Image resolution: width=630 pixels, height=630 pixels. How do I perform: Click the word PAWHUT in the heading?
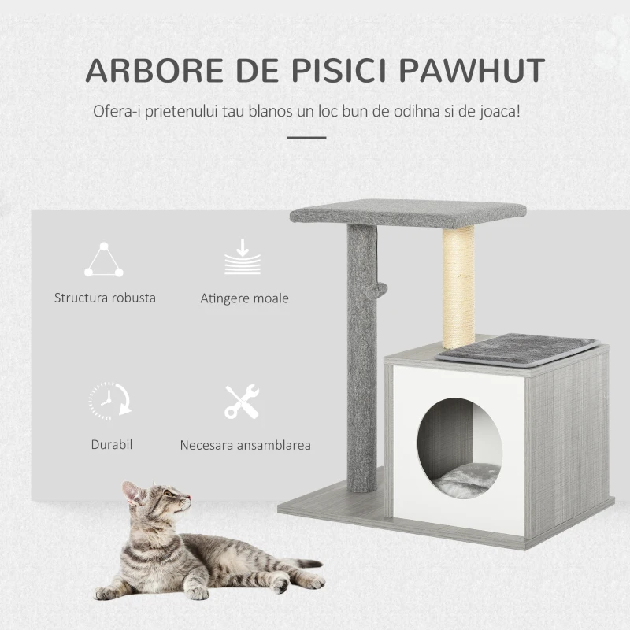pos(472,70)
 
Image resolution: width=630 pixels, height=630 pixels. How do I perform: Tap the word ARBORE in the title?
pos(154,70)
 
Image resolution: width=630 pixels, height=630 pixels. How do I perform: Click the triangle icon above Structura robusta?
pos(104,260)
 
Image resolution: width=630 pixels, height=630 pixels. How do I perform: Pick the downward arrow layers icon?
pos(243,257)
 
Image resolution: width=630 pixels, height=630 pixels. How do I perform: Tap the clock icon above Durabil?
pos(110,401)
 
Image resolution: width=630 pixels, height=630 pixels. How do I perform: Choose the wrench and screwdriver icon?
pos(242,402)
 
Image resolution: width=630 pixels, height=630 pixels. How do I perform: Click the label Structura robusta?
pos(105,298)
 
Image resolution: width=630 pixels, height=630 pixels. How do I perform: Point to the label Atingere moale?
pos(244,298)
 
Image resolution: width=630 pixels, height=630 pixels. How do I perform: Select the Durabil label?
pos(112,444)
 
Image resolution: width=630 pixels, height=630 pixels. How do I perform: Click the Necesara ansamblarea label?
pos(246,445)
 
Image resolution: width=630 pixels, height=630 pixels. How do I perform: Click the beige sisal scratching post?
pos(458,286)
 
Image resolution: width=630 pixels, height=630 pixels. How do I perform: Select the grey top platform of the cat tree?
pos(408,212)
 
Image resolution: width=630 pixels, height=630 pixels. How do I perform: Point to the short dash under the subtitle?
pos(306,137)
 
